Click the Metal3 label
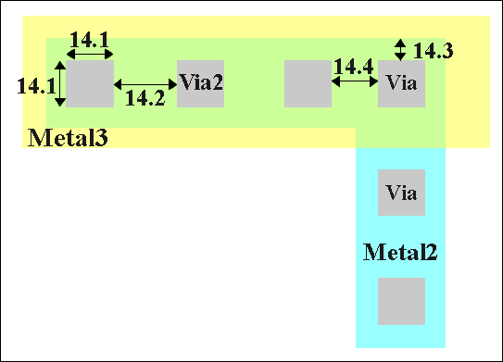tap(69, 139)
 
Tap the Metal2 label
tap(400, 251)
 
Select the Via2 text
tap(201, 82)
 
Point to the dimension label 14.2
tap(145, 98)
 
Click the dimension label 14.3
tap(433, 50)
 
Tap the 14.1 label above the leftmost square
tap(90, 40)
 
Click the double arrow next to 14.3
tap(400, 49)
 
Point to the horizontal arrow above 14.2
tap(145, 83)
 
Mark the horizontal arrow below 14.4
tap(354, 82)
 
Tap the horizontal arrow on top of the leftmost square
tap(90, 54)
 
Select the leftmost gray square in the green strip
tap(90, 83)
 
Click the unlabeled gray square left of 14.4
tap(307, 83)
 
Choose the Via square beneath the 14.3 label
tap(402, 83)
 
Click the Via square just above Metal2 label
tap(402, 193)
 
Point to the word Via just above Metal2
tap(402, 193)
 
